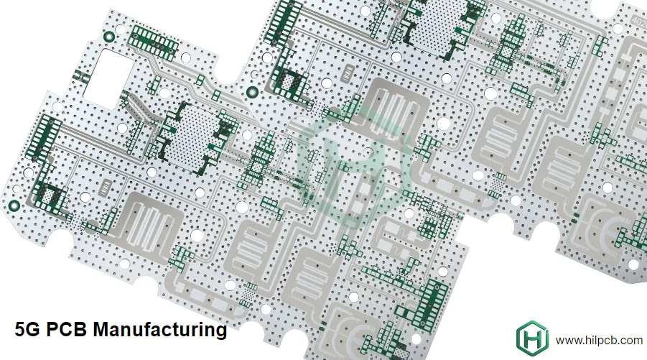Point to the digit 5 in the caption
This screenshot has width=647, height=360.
point(20,330)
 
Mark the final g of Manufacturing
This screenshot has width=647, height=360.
point(220,332)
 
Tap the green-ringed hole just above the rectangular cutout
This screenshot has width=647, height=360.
point(109,37)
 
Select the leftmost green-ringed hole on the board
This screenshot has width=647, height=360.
point(13,206)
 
